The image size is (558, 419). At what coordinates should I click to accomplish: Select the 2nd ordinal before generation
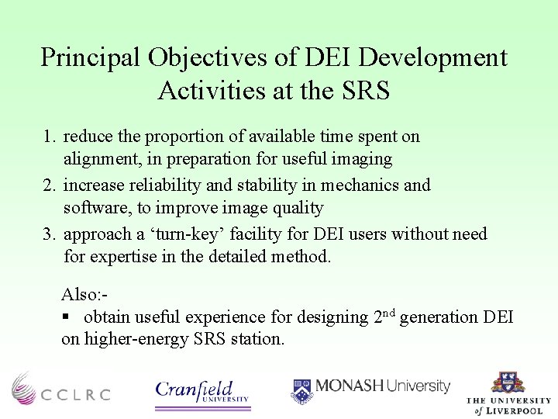pyautogui.click(x=384, y=316)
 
